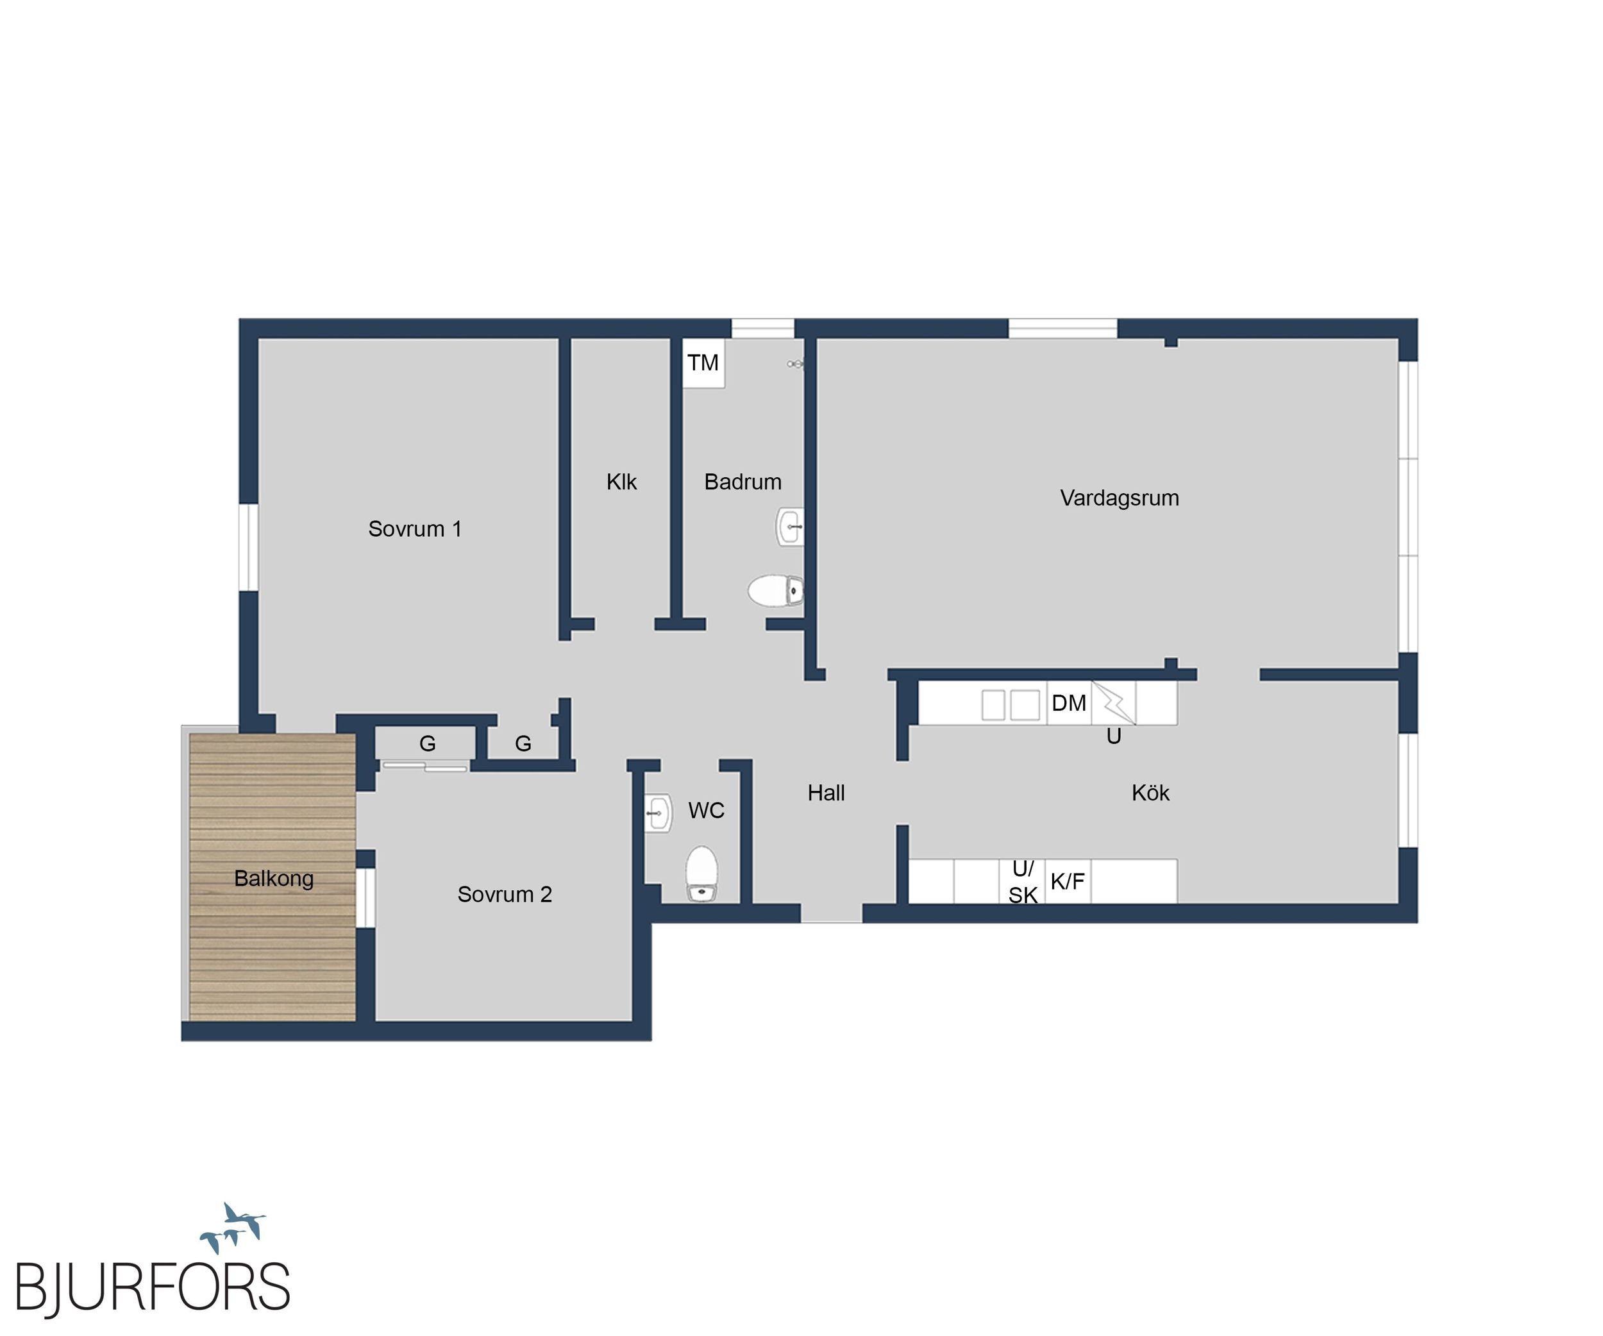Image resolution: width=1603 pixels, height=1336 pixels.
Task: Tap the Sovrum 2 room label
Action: pos(505,894)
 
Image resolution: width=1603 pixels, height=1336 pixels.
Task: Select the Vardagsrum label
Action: pos(1119,498)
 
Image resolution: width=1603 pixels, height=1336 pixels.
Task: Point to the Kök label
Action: pos(1150,793)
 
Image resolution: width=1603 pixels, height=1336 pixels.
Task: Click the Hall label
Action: pos(826,793)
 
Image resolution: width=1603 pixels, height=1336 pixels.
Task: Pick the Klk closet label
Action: pos(621,482)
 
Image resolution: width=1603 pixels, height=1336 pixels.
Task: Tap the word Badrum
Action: pos(743,482)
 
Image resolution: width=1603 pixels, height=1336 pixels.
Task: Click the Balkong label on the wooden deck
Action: pos(273,879)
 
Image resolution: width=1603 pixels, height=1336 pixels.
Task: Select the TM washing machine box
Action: pos(703,364)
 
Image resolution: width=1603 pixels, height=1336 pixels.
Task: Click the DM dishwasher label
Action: pos(1069,703)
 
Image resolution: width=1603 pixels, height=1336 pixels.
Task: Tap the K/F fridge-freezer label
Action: pos(1067,882)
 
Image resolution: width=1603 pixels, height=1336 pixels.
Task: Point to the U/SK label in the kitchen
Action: pos(1023,882)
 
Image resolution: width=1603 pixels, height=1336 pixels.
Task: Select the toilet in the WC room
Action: pos(701,874)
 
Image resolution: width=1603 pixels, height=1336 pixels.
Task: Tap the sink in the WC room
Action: pos(658,813)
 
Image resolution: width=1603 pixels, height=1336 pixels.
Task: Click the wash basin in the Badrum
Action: pos(790,527)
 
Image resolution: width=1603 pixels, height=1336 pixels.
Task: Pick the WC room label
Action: pos(706,811)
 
